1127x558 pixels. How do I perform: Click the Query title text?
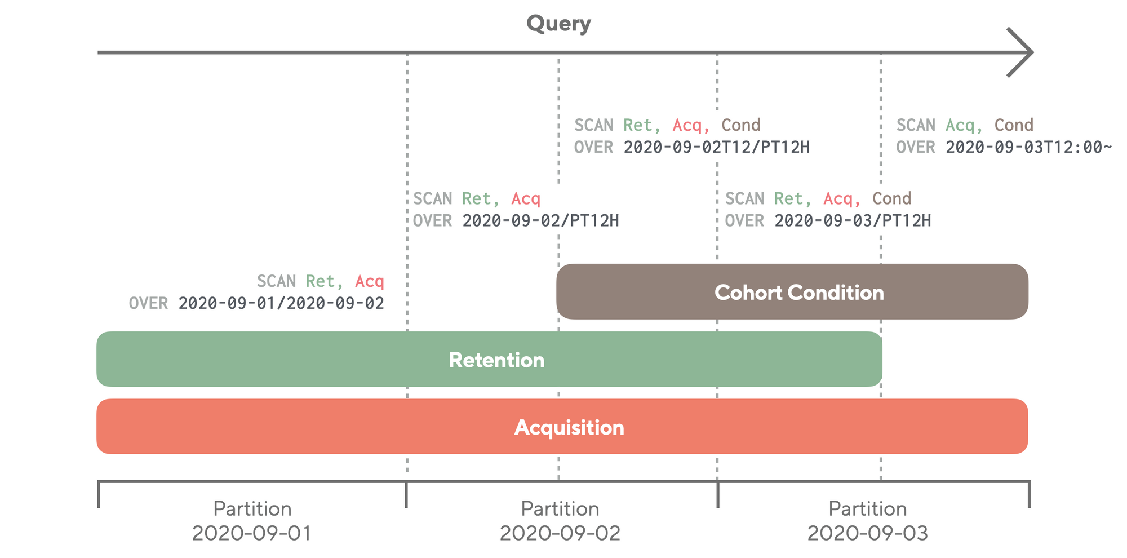[x=558, y=24]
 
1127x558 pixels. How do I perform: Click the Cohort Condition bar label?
[x=798, y=293]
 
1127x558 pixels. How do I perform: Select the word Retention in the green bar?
[x=496, y=360]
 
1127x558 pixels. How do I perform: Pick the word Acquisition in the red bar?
[x=569, y=427]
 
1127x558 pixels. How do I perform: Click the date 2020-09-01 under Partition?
[x=252, y=533]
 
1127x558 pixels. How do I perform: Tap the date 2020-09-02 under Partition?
[x=560, y=533]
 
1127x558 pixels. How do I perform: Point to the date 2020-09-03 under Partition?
[x=867, y=533]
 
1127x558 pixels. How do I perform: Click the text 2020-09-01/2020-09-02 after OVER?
[x=281, y=303]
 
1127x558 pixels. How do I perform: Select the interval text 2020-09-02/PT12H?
[x=540, y=220]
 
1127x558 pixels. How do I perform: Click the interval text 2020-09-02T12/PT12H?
[x=716, y=147]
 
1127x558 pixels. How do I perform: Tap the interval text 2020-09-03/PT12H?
[x=852, y=220]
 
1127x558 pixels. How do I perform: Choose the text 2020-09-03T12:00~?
[x=1028, y=147]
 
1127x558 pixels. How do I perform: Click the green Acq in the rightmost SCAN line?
[x=963, y=125]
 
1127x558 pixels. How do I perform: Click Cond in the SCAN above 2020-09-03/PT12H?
[x=891, y=198]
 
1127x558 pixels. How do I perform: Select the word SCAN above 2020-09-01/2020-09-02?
[x=276, y=281]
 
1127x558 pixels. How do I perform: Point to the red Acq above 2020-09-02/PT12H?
[x=525, y=198]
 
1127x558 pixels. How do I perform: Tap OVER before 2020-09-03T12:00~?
[x=915, y=147]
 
